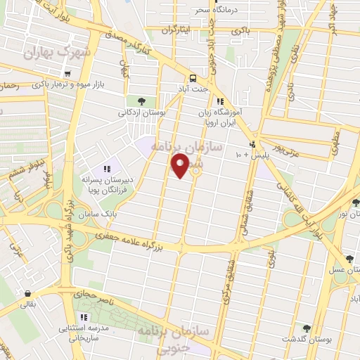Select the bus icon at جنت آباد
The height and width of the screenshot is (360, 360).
pyautogui.click(x=193, y=78)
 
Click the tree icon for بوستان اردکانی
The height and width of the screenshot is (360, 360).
pyautogui.click(x=142, y=101)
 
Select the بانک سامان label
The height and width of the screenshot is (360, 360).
pyautogui.click(x=98, y=212)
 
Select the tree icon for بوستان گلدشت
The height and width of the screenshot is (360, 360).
pyautogui.click(x=306, y=327)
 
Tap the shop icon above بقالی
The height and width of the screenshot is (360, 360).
pyautogui.click(x=27, y=294)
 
